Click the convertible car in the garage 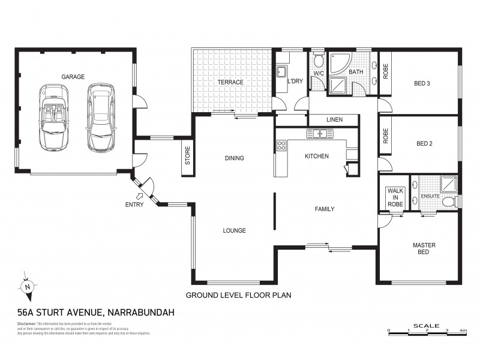54,117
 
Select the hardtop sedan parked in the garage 100,117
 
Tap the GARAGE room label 73,77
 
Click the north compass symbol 28,287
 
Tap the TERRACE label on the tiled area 230,82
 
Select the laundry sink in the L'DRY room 281,72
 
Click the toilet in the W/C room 319,62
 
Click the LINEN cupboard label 334,120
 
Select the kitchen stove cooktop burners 280,146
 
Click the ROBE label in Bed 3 385,71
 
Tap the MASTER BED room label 424,248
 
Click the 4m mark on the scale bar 463,331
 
